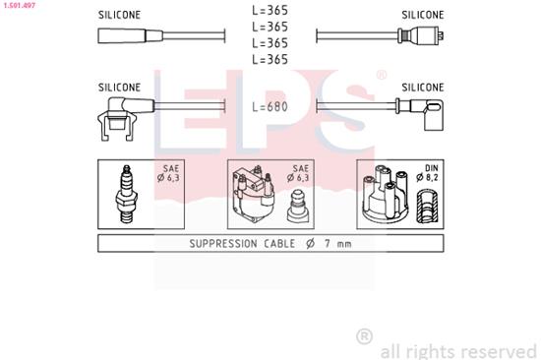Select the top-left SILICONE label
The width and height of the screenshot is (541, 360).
119,15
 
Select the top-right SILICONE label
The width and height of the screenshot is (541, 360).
423,15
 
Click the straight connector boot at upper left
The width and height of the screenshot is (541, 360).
123,36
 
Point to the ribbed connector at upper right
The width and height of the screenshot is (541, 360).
421,36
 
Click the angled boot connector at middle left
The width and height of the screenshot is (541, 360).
120,109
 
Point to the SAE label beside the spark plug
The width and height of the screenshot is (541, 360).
169,172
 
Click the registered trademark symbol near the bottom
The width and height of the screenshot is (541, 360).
365,336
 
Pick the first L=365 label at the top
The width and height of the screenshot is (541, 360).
270,11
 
